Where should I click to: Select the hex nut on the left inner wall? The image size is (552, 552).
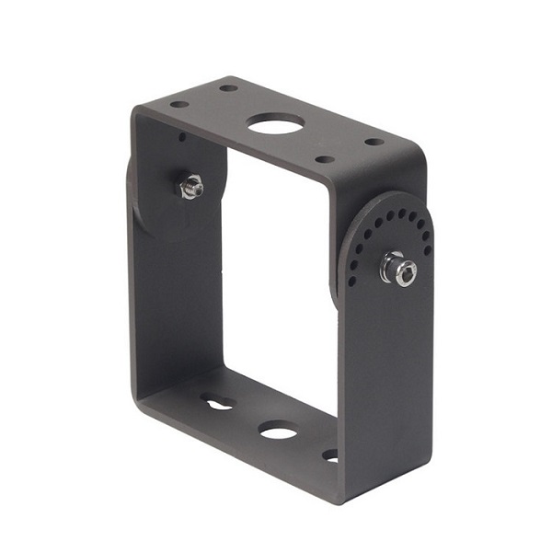click(x=191, y=187)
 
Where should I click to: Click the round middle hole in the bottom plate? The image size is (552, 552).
click(x=277, y=430)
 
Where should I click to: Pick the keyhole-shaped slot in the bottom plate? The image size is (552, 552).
click(x=218, y=402)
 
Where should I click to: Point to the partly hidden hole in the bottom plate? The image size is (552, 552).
click(x=329, y=454)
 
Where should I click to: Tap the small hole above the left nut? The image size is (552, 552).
click(x=181, y=138)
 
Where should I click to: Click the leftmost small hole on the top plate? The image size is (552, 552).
click(x=179, y=104)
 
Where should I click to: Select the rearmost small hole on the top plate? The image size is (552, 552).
click(x=228, y=89)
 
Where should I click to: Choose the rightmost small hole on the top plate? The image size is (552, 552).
click(x=374, y=143)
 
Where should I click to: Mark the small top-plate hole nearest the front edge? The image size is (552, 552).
click(x=325, y=159)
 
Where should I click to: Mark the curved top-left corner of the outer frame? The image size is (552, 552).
click(x=136, y=114)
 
